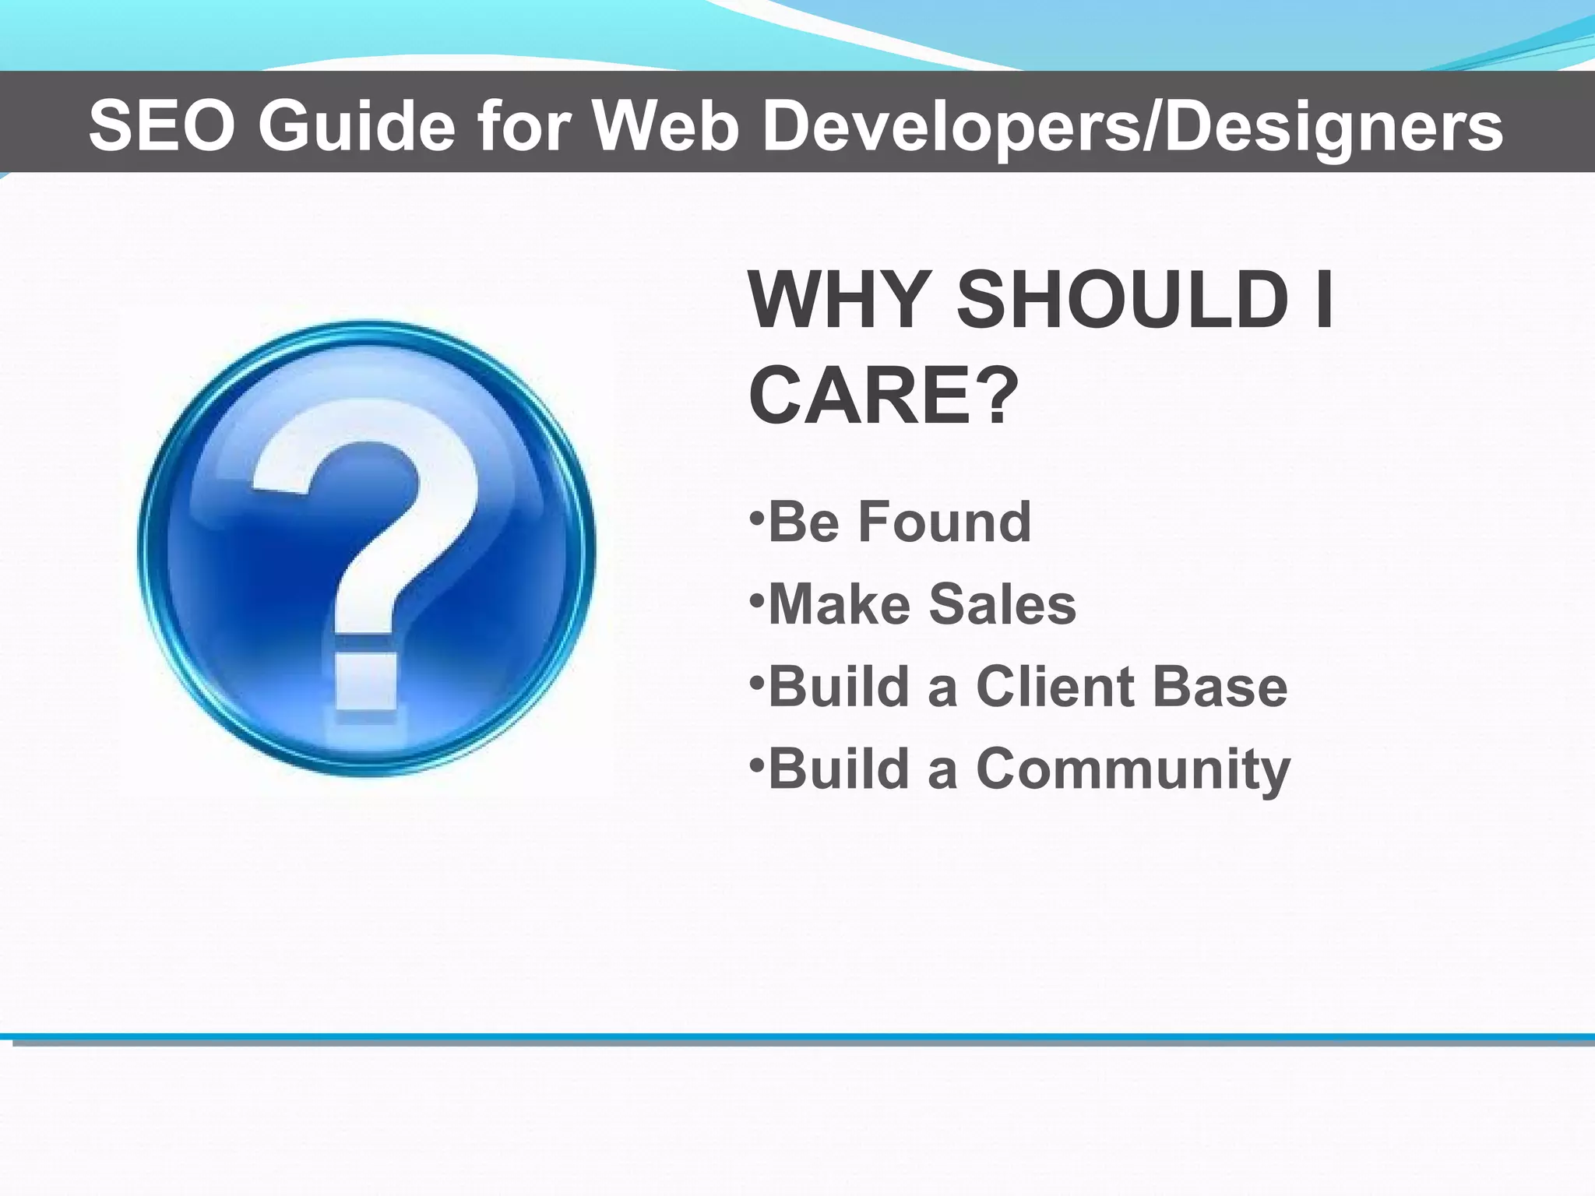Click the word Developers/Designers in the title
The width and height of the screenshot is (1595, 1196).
click(1132, 127)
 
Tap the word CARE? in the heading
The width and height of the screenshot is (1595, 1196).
click(884, 396)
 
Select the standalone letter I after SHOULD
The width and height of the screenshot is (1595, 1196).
click(1323, 301)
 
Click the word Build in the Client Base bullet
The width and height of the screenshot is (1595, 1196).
click(839, 687)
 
